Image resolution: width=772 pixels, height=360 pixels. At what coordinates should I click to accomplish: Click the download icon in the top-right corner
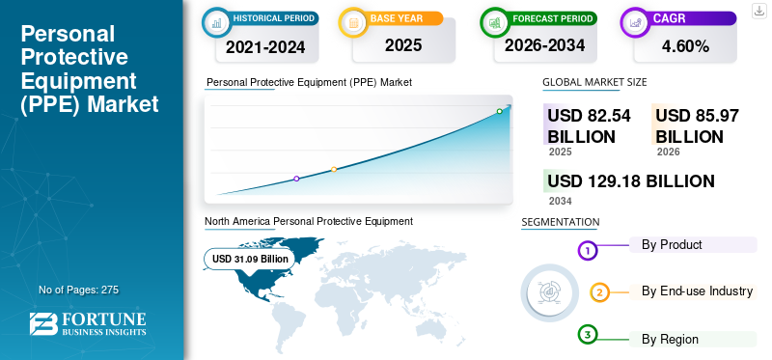coord(758,10)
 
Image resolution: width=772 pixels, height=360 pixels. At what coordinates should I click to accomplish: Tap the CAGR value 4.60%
coord(684,45)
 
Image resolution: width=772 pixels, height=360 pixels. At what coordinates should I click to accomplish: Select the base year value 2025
coord(403,45)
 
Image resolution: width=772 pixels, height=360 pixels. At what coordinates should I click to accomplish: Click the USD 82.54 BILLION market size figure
coord(589,125)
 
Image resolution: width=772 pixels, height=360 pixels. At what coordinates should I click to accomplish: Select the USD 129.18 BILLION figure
coord(631,180)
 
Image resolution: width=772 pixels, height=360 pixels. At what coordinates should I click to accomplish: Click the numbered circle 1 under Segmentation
coord(588,251)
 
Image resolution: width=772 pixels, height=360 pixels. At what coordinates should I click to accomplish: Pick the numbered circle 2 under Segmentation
coord(599,292)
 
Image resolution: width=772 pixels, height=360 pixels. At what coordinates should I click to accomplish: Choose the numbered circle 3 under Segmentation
coord(588,334)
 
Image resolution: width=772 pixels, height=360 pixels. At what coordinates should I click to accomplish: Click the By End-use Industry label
coord(697,291)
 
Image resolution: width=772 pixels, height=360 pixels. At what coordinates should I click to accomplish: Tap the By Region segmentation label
coord(670,339)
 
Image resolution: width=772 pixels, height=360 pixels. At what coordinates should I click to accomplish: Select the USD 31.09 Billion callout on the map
coord(250,259)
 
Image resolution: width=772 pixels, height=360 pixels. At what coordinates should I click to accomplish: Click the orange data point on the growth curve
coord(334,169)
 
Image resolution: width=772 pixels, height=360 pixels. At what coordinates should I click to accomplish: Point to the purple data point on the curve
coord(296,179)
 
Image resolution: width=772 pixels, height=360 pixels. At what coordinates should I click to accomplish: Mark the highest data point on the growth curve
coord(499,111)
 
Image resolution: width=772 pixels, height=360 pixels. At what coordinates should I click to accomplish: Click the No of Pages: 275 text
coord(78,290)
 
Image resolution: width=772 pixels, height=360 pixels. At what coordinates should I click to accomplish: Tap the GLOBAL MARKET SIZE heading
coord(594,82)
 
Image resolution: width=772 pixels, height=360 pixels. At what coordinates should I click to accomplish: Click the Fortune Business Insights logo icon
coord(41,324)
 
